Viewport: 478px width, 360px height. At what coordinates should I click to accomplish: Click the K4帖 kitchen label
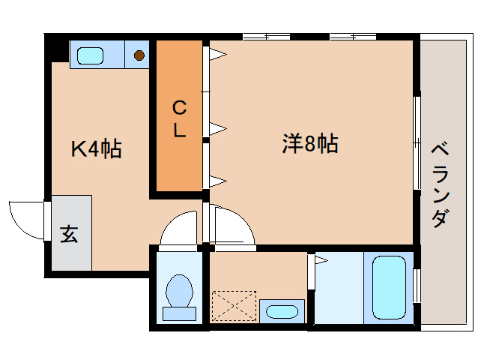pyautogui.click(x=97, y=148)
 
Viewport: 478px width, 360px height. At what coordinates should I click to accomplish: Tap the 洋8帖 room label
pyautogui.click(x=309, y=142)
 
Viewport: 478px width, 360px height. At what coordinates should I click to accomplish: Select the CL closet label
pyautogui.click(x=180, y=119)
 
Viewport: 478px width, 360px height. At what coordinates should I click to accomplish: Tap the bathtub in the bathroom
pyautogui.click(x=388, y=287)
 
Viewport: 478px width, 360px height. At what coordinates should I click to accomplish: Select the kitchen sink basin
pyautogui.click(x=91, y=55)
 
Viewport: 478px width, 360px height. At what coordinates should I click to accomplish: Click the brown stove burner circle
pyautogui.click(x=139, y=54)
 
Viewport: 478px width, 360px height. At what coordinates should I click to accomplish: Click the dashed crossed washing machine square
pyautogui.click(x=234, y=306)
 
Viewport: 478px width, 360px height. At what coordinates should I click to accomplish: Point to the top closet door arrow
pyautogui.click(x=217, y=53)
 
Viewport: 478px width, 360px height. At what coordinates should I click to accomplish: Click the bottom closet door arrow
pyautogui.click(x=217, y=179)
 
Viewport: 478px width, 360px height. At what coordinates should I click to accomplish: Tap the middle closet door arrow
pyautogui.click(x=217, y=128)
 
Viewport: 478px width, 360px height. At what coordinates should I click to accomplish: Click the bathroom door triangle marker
pyautogui.click(x=321, y=261)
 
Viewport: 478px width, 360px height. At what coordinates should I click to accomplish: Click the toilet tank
pyautogui.click(x=180, y=313)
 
